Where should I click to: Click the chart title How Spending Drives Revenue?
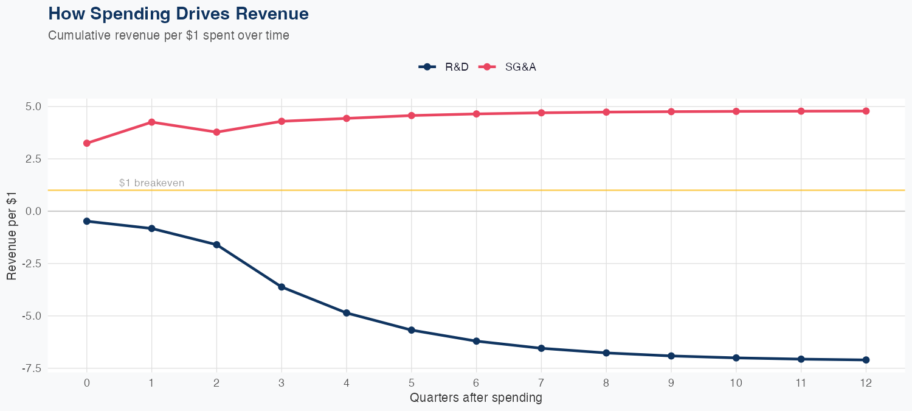(x=178, y=14)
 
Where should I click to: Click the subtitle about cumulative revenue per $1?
(x=168, y=35)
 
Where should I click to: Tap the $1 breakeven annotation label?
(x=151, y=183)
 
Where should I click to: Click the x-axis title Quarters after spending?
(x=475, y=398)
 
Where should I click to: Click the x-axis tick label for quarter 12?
(x=866, y=383)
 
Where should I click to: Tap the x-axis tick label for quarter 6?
(x=476, y=383)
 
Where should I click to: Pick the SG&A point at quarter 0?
(x=87, y=143)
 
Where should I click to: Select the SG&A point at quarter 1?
(x=151, y=122)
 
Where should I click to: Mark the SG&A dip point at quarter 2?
(x=216, y=132)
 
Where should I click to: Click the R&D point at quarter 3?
(x=282, y=287)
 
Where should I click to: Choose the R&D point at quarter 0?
(x=87, y=221)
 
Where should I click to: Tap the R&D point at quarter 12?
(x=866, y=360)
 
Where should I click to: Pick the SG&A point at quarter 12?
(x=866, y=111)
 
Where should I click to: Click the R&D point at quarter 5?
(x=411, y=330)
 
